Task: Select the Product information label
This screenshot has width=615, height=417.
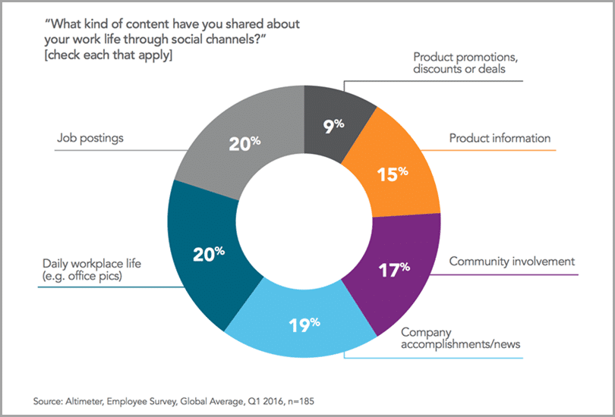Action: pyautogui.click(x=500, y=138)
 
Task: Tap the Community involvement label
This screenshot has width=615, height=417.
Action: pyautogui.click(x=512, y=262)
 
